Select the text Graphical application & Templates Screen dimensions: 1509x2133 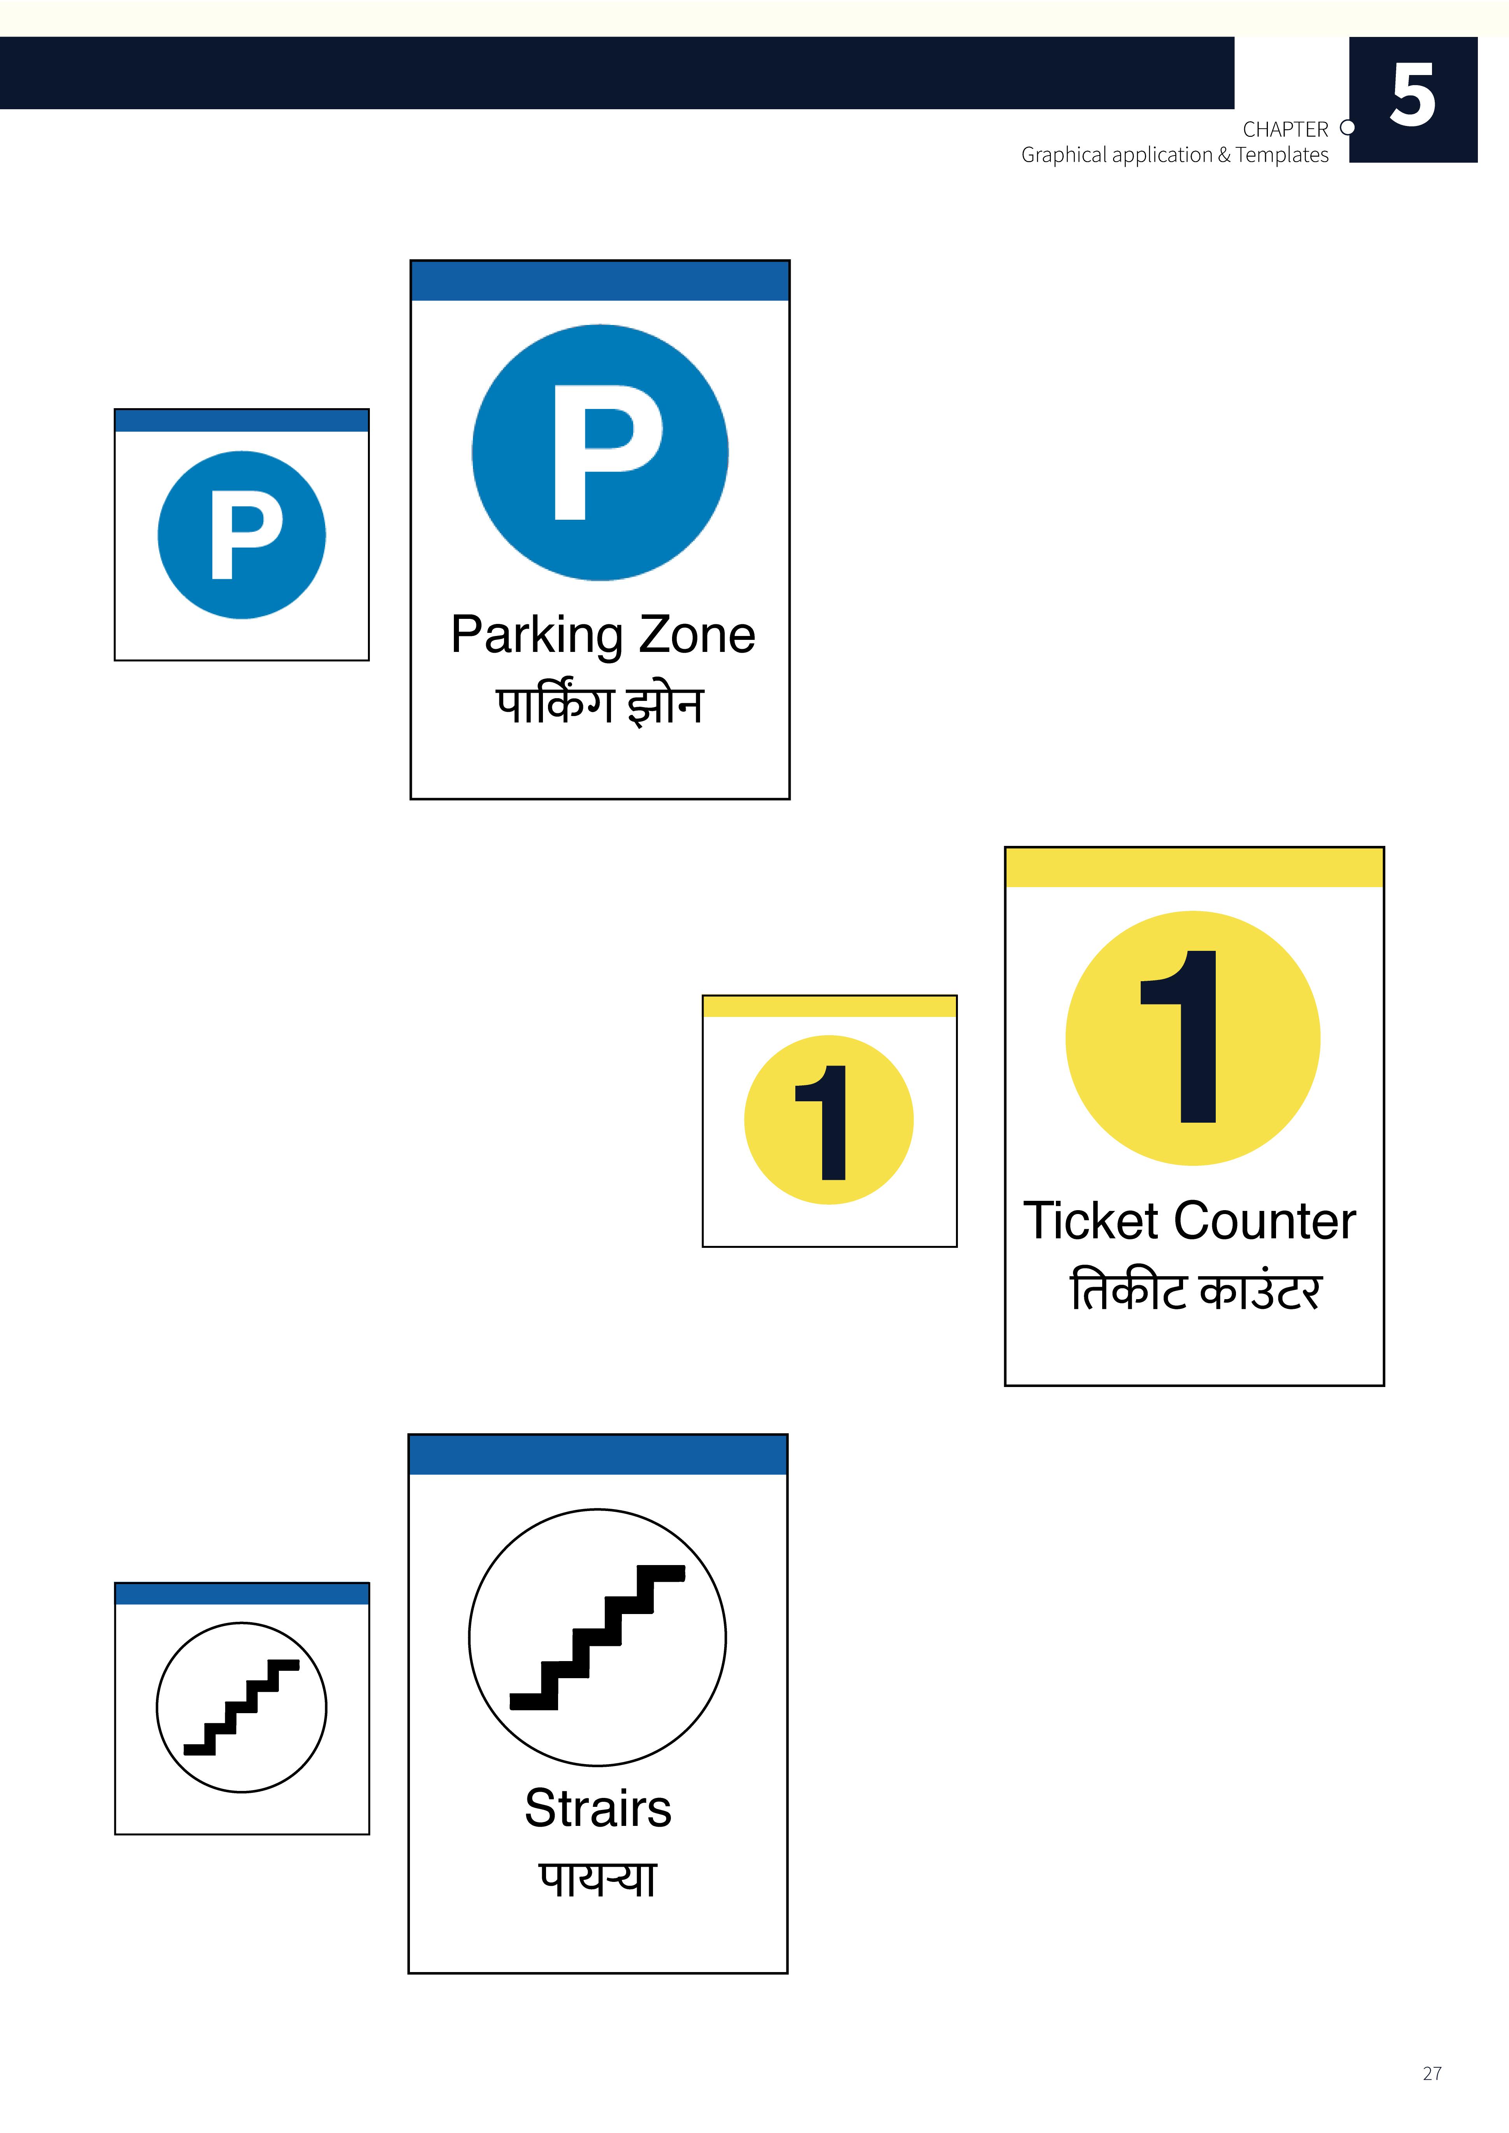coord(1175,155)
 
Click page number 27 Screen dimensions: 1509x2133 coord(1432,2074)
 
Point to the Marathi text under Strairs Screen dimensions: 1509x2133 coord(597,1878)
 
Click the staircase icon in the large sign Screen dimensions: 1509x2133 coord(597,1637)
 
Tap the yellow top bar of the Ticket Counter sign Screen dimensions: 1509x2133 coord(1194,868)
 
